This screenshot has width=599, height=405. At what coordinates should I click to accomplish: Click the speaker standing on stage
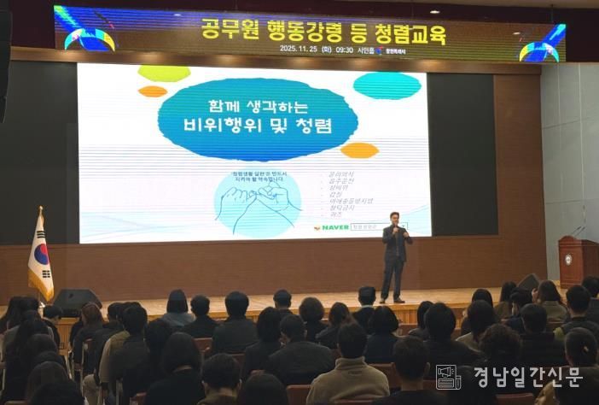click(x=395, y=255)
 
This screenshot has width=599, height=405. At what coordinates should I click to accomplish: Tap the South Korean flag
click(x=39, y=255)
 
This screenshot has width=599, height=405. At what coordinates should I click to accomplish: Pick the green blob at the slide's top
click(x=164, y=73)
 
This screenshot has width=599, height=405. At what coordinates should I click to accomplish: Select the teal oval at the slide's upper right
click(x=387, y=85)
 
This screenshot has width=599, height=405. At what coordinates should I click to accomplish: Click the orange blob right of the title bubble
click(x=359, y=150)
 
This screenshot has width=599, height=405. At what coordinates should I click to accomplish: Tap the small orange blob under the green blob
click(x=153, y=91)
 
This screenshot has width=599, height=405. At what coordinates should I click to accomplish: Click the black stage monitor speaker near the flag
click(x=76, y=300)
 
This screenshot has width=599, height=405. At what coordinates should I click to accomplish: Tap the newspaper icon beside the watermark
click(x=448, y=377)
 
